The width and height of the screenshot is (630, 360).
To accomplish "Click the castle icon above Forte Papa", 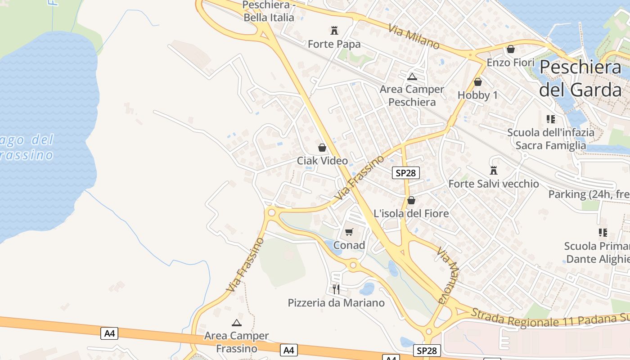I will pos(334,31).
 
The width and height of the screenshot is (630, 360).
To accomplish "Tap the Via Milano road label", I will pos(414,36).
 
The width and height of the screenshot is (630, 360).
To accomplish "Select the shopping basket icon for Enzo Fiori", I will pos(511,49).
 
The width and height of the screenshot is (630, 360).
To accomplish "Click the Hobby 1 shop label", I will pos(478,95).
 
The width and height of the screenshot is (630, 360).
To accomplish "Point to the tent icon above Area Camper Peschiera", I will pos(412,76).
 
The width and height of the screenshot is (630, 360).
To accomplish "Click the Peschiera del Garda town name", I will pos(580,78).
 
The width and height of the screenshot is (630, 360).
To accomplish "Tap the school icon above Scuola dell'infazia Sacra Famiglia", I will pos(551,119).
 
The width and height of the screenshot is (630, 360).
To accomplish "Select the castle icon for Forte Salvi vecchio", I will pos(494,171).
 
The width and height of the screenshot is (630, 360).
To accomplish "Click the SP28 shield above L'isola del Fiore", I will pos(405,173).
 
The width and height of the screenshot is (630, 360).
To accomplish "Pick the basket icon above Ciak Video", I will pos(322,148).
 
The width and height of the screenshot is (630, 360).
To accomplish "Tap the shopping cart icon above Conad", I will pos(349,232).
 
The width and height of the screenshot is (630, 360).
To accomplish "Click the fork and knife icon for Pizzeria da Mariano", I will pos(336,289).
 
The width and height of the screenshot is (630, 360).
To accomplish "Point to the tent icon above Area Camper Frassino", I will pos(237,323).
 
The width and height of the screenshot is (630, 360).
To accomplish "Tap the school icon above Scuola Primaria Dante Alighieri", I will pos(603,233).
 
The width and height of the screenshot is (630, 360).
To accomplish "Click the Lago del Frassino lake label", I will pos(27,148).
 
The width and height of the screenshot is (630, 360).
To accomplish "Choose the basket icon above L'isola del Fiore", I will pos(411,200).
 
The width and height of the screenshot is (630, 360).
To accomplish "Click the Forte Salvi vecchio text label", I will pos(494,184).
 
